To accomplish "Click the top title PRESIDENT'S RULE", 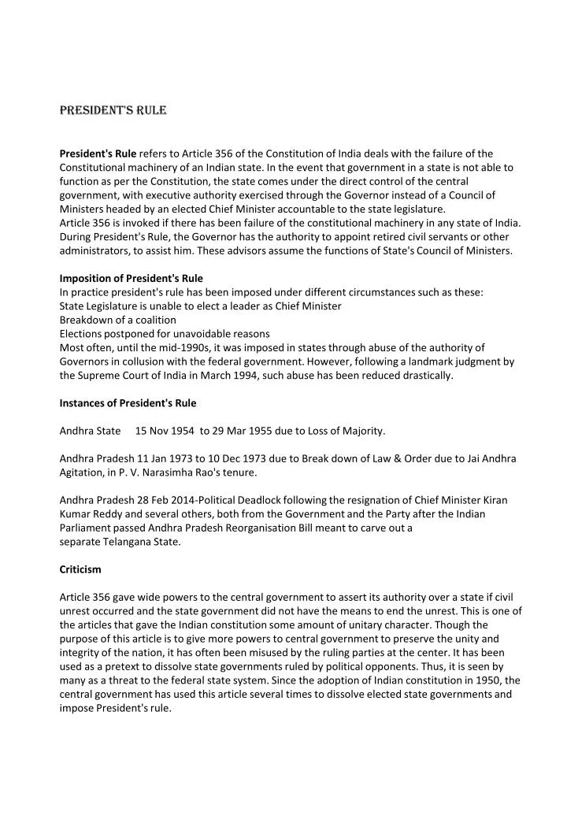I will point(113,110).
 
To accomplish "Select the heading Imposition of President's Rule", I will point(131,278).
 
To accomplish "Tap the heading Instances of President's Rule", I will point(128,403).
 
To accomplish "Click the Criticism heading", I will point(80,569).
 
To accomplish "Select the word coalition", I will point(154,320).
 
